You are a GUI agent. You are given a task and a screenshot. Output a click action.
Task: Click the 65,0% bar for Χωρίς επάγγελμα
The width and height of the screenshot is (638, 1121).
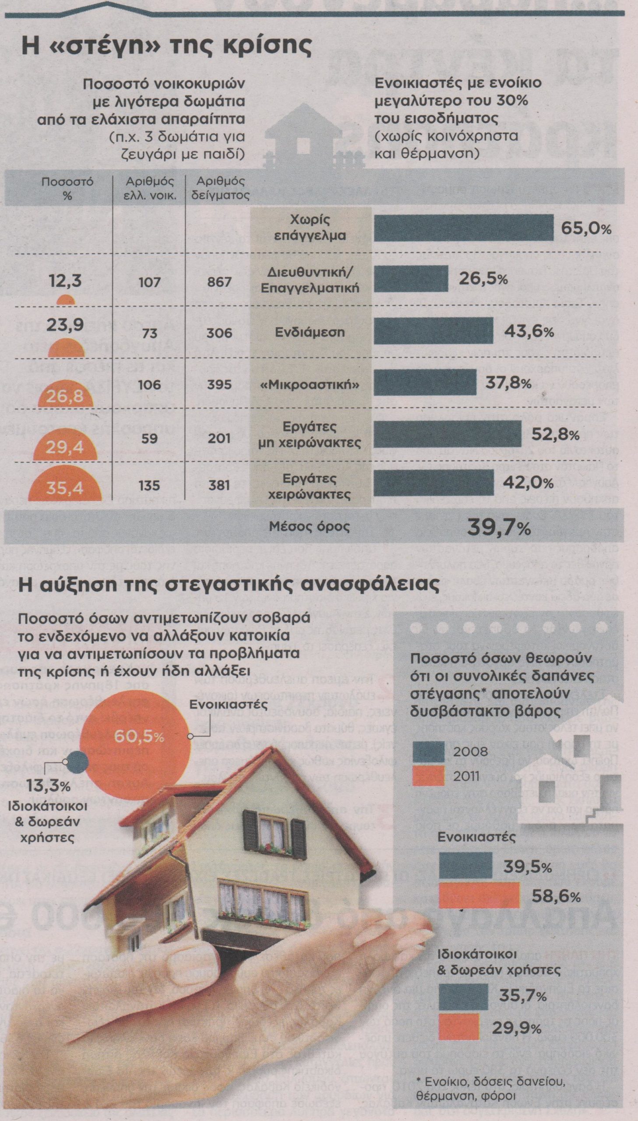coord(464,228)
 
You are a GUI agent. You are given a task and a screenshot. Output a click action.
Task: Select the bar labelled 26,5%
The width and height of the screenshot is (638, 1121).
coord(411,278)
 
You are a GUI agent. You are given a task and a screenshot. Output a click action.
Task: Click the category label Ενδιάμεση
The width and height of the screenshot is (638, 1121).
coord(310,331)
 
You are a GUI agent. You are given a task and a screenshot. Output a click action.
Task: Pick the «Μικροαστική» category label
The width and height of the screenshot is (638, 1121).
coord(310,384)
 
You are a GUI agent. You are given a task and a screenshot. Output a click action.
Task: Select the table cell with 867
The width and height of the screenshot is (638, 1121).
coord(219,282)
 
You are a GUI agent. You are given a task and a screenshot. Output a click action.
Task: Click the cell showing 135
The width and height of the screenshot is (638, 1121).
coord(150,485)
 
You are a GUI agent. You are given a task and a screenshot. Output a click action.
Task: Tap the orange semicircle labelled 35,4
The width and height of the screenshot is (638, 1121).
coord(64,485)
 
